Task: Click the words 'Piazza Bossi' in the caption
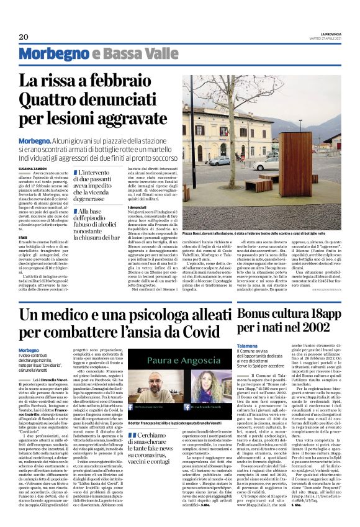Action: coord(194,232)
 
